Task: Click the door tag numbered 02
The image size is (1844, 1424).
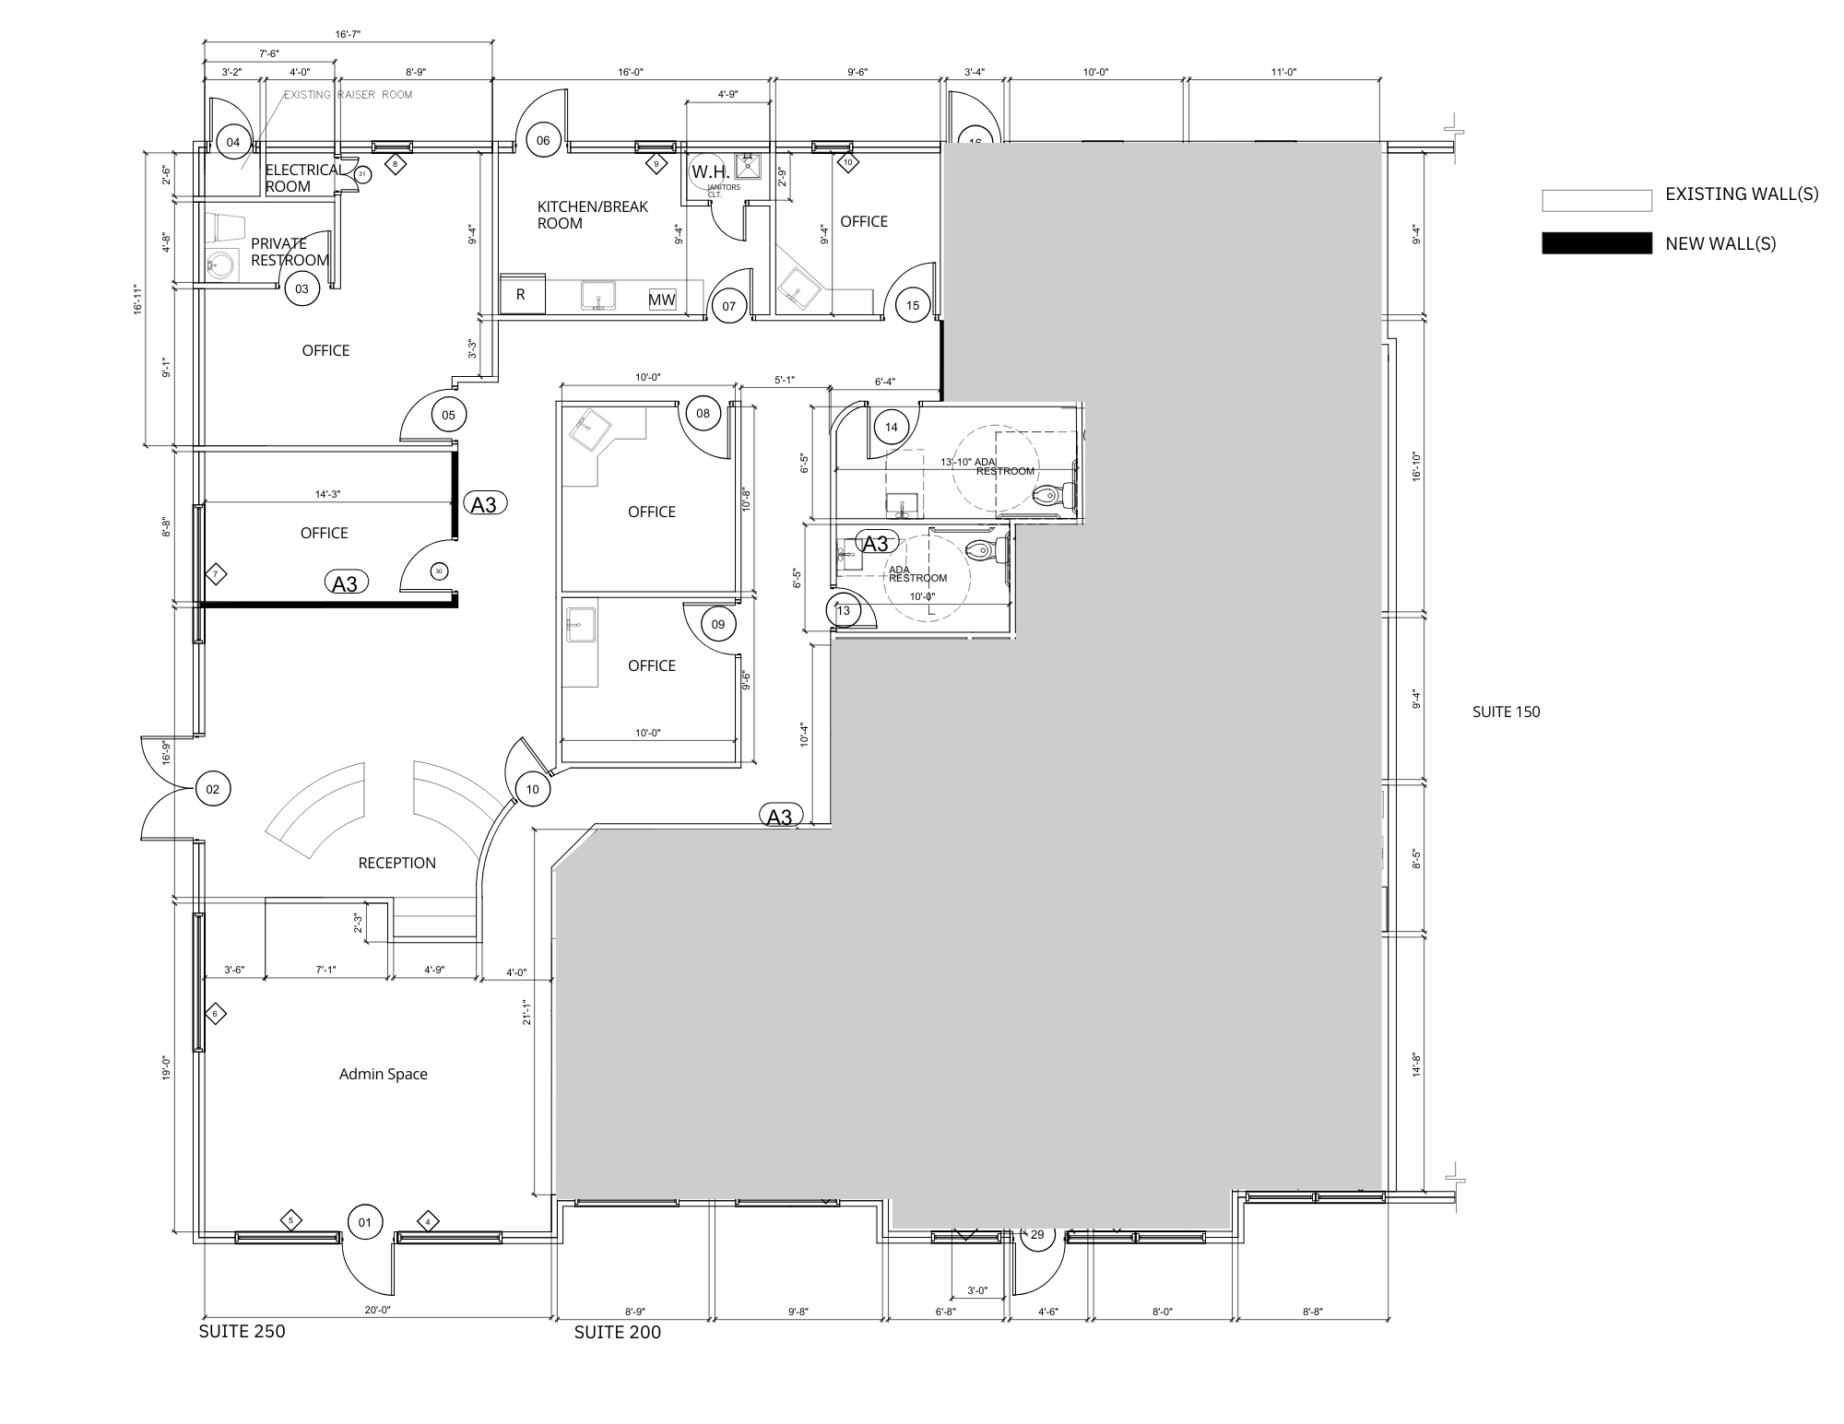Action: pos(213,789)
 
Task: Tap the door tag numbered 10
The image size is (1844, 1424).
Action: pos(532,789)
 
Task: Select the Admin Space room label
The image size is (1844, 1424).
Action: pos(383,1074)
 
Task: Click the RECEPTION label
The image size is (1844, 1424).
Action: pos(396,863)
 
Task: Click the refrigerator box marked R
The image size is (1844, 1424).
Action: pos(522,295)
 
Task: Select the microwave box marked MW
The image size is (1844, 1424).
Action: pos(662,300)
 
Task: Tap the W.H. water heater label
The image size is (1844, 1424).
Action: pos(710,172)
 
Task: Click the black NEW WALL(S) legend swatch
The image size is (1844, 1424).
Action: pos(1596,243)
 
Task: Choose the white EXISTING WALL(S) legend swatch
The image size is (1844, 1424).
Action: pos(1596,200)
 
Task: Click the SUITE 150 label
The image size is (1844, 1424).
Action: pos(1506,712)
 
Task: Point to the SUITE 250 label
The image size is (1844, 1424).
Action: pos(242,1331)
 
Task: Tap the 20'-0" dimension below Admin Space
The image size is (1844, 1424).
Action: pos(377,1310)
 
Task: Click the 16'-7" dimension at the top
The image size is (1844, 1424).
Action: pos(348,34)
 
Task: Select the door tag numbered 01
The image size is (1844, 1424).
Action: pos(364,1222)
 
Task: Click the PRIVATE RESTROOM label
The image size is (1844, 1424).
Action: pos(290,252)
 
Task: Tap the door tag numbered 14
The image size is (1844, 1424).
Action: pos(891,427)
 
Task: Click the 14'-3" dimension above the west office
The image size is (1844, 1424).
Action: pos(327,494)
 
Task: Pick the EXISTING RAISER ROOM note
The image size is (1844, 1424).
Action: pos(348,95)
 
